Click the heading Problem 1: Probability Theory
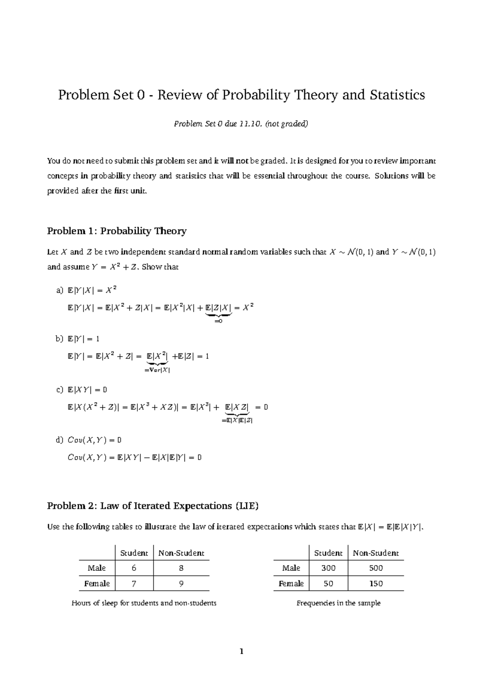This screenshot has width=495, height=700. coord(117,231)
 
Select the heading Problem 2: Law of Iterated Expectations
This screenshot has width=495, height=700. coord(153,506)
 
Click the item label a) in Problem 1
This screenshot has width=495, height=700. coord(60,291)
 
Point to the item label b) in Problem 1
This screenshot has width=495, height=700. coord(60,339)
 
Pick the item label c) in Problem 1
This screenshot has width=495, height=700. coord(60,390)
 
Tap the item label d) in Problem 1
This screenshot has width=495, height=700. coord(60,440)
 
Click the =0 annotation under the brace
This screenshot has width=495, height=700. coord(218,321)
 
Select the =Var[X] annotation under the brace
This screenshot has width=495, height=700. coord(157,370)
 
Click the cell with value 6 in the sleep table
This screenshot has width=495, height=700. coord(134,568)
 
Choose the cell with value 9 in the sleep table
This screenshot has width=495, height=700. coord(181,584)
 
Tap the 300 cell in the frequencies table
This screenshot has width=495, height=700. coord(328,568)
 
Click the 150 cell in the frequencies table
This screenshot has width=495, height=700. coord(376,584)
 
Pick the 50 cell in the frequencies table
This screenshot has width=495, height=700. coord(328,584)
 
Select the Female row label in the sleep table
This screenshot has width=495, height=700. coord(97,584)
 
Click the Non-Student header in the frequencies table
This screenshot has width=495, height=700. coord(376,553)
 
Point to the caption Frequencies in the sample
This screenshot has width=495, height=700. coord(338,603)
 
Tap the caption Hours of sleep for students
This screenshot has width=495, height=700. coord(144,603)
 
